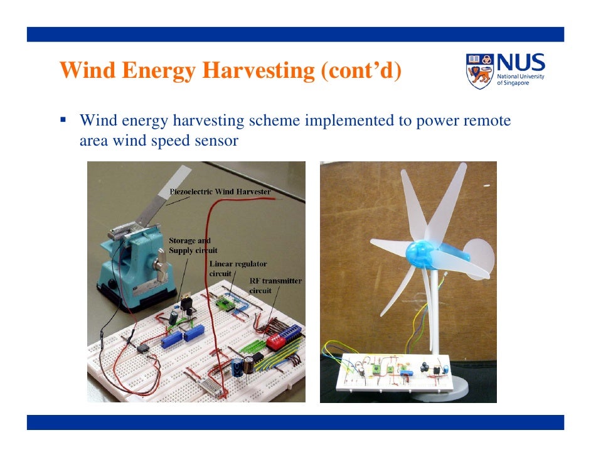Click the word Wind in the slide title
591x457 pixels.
(88, 72)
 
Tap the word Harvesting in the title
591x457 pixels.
(258, 72)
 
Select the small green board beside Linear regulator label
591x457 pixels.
(225, 304)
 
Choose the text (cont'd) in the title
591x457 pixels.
(360, 72)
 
